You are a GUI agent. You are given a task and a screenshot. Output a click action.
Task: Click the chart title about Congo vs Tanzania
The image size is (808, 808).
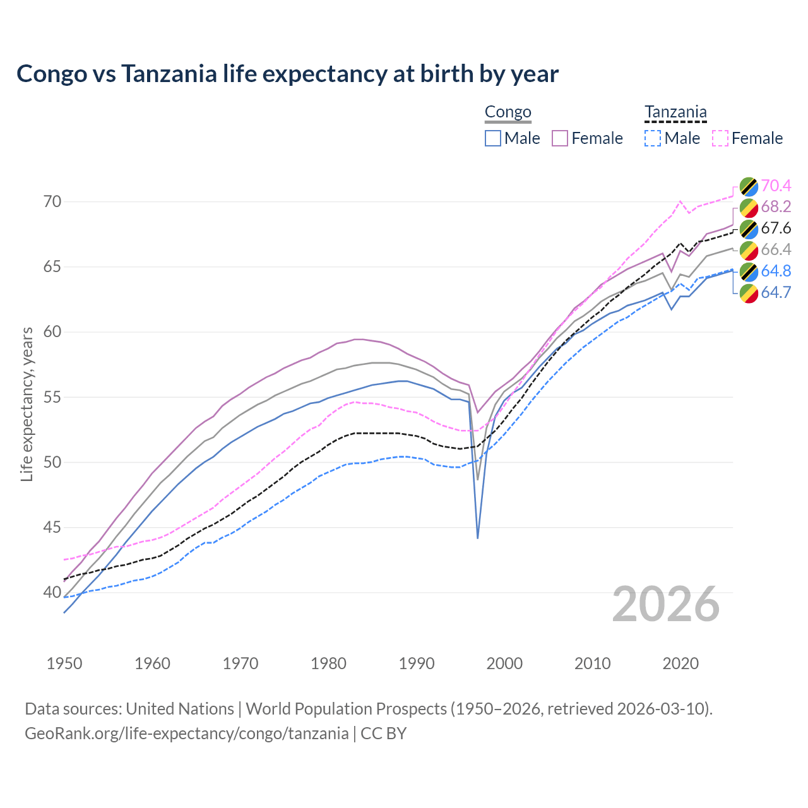287,74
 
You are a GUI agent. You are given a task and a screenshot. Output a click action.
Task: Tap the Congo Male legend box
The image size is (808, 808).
493,138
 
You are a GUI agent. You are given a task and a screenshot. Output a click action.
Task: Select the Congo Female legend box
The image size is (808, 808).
560,138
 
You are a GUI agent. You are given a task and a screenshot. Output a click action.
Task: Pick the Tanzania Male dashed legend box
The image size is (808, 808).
653,138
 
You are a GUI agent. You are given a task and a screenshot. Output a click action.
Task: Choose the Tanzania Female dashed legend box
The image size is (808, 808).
720,138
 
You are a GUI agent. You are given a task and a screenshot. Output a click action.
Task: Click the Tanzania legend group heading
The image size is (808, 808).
675,112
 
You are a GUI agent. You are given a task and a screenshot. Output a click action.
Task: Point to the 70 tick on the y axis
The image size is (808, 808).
52,202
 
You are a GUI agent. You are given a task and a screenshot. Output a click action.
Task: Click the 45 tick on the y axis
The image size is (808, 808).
52,527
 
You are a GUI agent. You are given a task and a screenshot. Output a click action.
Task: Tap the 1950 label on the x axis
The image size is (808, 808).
64,663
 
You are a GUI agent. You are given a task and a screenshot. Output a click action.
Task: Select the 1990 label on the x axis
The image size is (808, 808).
417,663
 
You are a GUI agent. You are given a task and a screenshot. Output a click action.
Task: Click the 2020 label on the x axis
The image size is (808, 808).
680,663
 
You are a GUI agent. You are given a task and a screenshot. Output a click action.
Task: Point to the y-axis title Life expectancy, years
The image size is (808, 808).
27,404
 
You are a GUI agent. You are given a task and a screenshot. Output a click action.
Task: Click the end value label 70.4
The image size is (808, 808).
776,186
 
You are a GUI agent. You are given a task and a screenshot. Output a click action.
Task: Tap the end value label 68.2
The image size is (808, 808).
776,207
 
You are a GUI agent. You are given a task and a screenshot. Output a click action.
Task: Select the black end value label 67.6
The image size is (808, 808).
776,229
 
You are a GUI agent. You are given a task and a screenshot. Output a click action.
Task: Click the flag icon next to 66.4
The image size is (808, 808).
749,250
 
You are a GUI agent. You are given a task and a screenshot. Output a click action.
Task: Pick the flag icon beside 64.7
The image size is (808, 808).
749,293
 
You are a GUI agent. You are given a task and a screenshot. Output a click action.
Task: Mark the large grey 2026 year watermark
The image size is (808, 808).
666,604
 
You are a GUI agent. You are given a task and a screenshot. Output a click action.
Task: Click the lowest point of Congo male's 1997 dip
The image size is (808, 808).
478,538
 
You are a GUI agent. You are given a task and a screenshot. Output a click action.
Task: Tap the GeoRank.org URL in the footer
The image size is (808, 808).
187,734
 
